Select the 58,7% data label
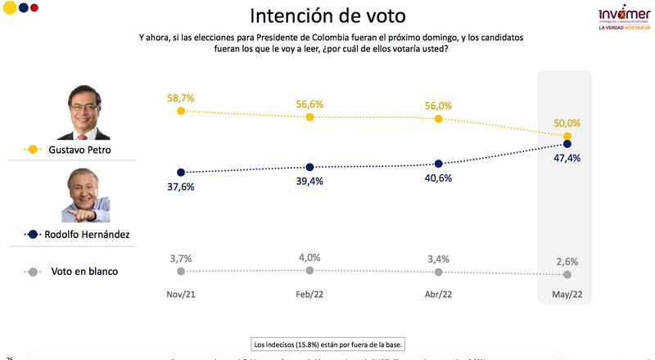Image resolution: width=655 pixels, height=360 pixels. (180, 98)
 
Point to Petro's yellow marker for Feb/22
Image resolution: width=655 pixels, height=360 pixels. (309, 117)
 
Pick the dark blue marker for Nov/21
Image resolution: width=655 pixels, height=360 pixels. (180, 172)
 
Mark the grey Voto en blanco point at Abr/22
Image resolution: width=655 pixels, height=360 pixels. (439, 272)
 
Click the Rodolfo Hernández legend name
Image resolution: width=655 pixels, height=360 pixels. (91, 234)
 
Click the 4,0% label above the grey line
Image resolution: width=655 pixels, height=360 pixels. (309, 259)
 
